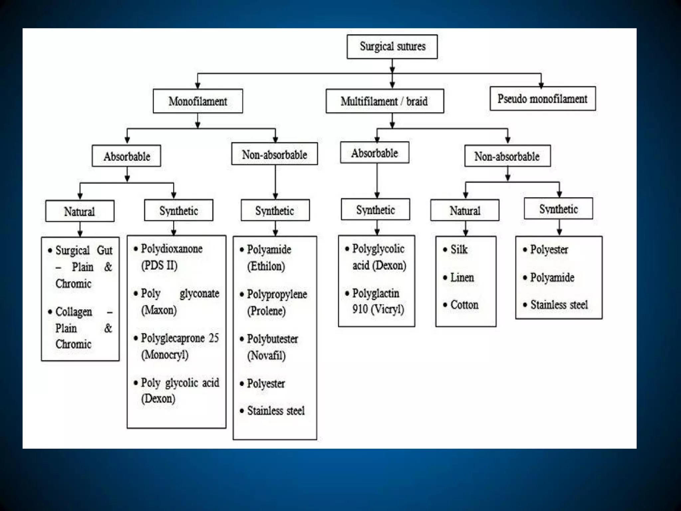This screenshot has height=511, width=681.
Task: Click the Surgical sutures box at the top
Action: click(x=392, y=47)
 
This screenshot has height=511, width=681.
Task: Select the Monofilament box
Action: click(x=198, y=101)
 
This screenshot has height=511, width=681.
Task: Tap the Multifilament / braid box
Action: click(x=384, y=101)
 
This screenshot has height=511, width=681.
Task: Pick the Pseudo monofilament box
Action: click(x=542, y=99)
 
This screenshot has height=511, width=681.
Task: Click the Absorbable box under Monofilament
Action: click(x=126, y=156)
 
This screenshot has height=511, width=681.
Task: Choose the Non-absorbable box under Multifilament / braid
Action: click(x=507, y=156)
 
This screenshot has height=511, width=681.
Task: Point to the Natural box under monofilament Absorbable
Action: click(x=80, y=211)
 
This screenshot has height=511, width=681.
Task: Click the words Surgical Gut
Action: click(x=84, y=250)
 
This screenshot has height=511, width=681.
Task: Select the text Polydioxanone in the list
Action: click(x=172, y=249)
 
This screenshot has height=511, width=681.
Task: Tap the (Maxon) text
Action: click(x=159, y=310)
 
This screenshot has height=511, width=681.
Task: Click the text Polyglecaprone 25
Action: click(x=180, y=338)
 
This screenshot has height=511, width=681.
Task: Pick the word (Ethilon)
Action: click(x=266, y=266)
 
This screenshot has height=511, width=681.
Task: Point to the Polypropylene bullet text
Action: click(x=277, y=294)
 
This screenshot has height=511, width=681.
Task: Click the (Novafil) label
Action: click(x=266, y=355)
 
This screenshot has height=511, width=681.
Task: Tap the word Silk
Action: click(x=459, y=250)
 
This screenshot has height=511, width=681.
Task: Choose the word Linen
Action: click(x=462, y=277)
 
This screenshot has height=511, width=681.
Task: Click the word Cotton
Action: click(x=464, y=305)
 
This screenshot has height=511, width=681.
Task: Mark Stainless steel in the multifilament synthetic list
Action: click(x=559, y=305)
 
